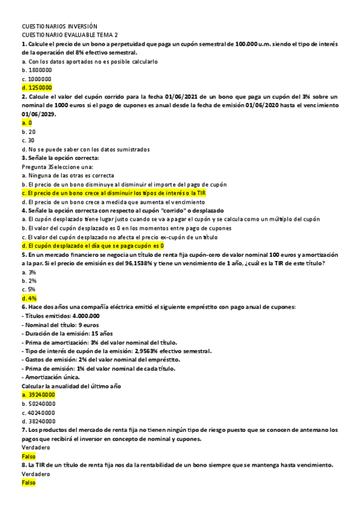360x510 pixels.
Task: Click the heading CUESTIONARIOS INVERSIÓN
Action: tap(59, 26)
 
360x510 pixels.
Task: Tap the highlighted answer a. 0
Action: tap(26, 123)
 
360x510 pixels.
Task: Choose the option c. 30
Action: tap(28, 140)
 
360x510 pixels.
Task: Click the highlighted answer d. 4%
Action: tap(29, 298)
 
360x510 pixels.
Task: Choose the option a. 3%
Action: tap(29, 272)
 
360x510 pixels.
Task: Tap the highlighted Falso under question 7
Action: tap(28, 456)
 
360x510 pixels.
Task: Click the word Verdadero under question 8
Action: tap(35, 474)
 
